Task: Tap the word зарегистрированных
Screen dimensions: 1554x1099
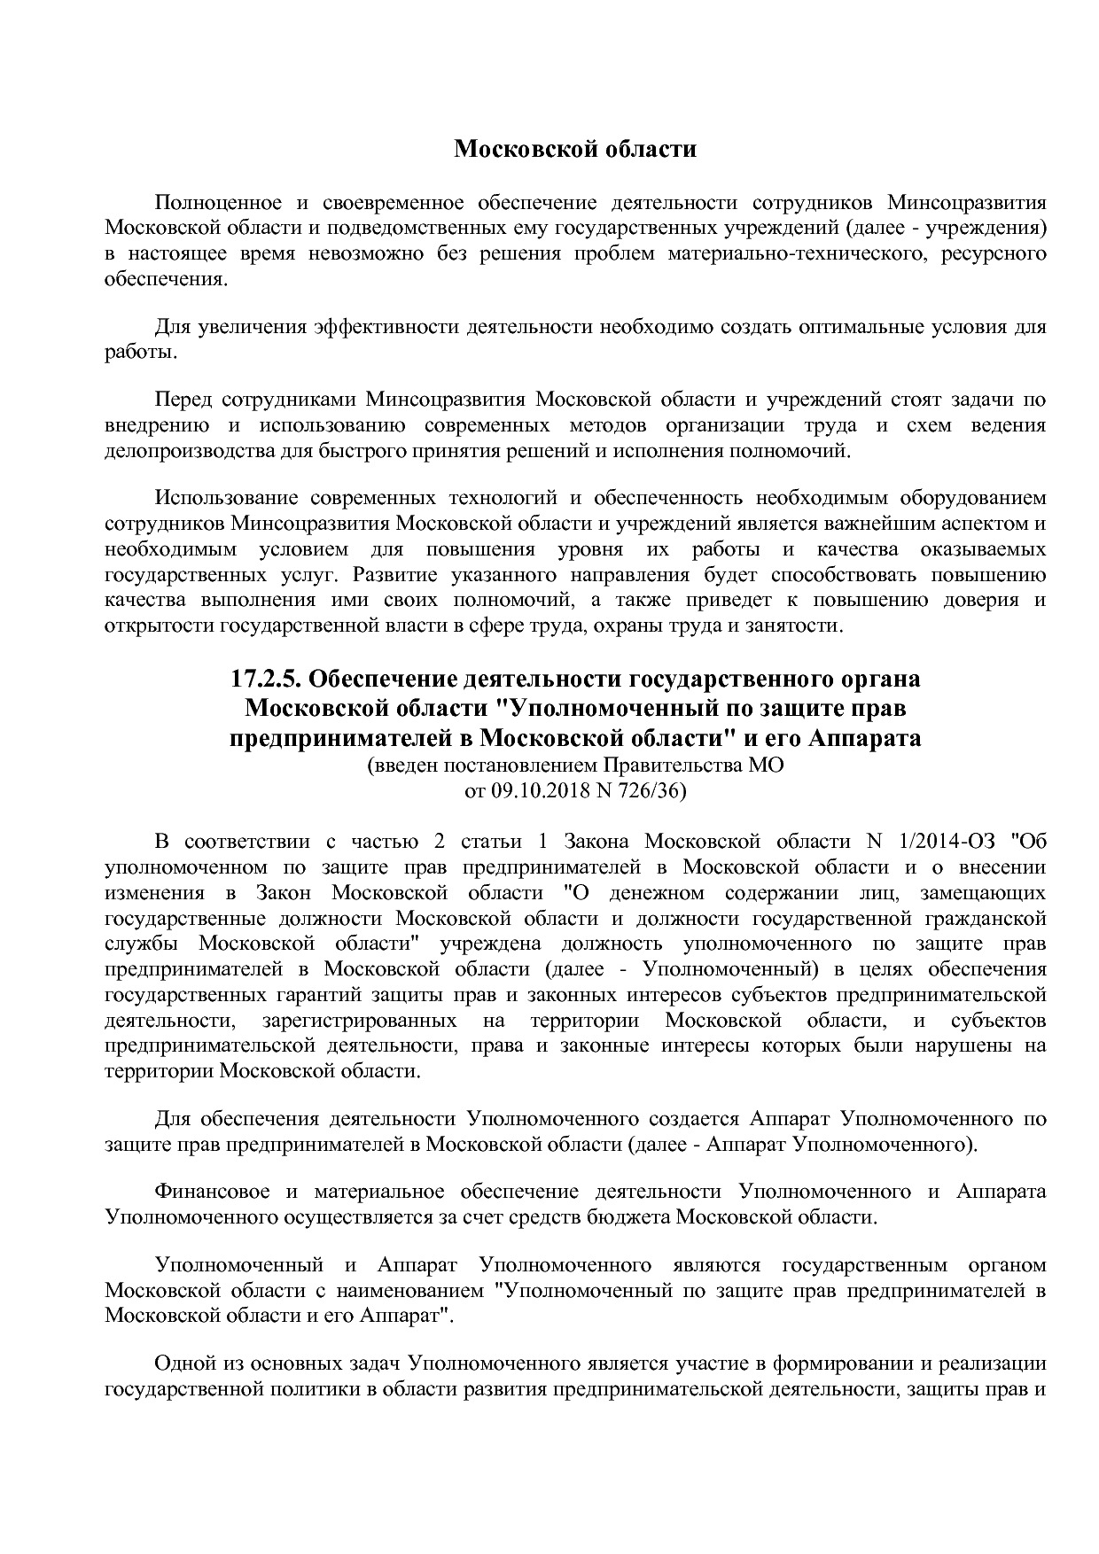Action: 360,1021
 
